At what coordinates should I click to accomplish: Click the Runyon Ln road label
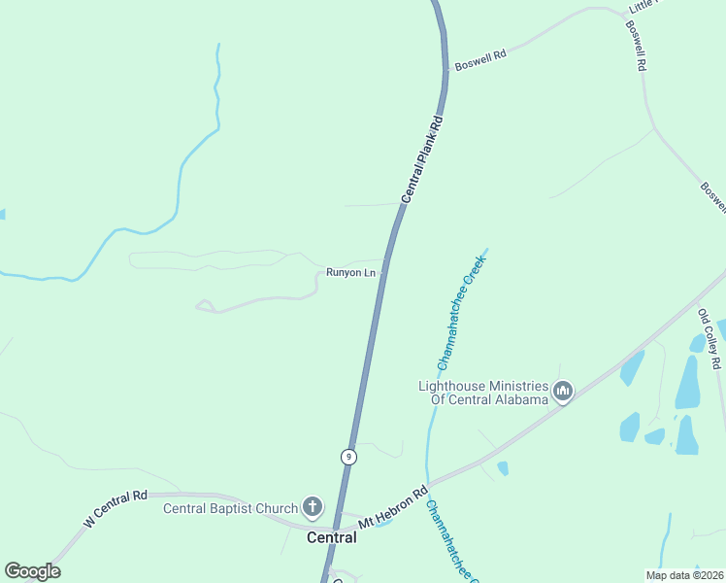coord(350,273)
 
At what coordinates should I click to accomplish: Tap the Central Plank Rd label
coord(422,160)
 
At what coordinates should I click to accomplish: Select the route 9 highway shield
coord(348,457)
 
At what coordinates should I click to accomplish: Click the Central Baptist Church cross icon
coord(313,506)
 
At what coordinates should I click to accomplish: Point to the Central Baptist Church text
coord(230,507)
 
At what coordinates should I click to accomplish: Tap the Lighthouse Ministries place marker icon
coord(563,392)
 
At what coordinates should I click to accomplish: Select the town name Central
coord(332,537)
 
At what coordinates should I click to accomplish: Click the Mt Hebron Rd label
coord(393,508)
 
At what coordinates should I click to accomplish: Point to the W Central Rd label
coord(115,509)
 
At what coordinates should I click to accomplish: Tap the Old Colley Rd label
coord(710,338)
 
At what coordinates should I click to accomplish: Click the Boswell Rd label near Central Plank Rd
coord(480,59)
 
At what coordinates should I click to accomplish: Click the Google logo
coord(32,571)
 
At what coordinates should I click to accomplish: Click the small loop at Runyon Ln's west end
coord(206,307)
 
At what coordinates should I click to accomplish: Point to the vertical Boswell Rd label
coord(637,47)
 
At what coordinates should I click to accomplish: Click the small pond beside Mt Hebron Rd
coord(503,468)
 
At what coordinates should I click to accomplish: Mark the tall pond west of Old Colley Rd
coord(687,382)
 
